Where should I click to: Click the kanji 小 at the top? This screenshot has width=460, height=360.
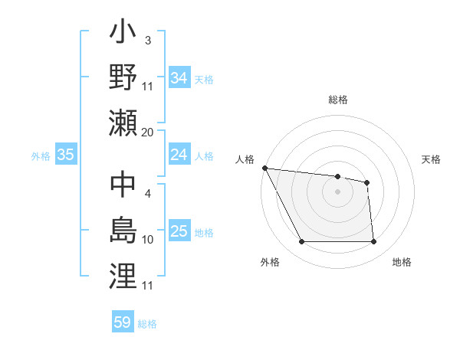tap(123, 35)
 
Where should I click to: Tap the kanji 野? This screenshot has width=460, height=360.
tap(123, 77)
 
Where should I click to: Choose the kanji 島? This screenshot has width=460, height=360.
tap(123, 231)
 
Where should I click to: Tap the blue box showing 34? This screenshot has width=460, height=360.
tap(179, 77)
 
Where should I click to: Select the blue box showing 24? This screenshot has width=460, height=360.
tap(179, 155)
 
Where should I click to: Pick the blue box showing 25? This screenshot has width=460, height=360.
tap(179, 231)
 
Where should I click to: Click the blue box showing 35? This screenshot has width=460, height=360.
tap(65, 155)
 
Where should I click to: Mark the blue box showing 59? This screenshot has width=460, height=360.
tap(122, 322)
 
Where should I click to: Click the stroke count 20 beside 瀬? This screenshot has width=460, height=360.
tap(148, 133)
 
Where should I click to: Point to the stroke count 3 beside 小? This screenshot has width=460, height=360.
tap(147, 40)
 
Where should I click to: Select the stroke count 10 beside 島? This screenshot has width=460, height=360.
tap(148, 240)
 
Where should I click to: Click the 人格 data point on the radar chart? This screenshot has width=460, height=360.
tap(264, 168)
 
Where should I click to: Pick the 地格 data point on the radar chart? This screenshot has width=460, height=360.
tap(374, 242)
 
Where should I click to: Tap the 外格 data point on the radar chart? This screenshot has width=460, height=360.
tap(301, 242)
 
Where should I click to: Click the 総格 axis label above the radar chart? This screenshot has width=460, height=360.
tap(337, 100)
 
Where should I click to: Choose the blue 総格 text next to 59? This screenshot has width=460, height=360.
tap(147, 324)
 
